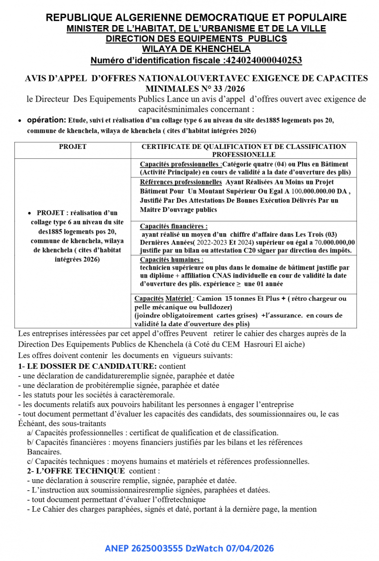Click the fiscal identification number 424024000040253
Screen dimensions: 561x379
point(263,61)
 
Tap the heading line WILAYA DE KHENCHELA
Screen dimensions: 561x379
point(196,49)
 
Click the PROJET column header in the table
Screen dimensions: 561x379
point(73,147)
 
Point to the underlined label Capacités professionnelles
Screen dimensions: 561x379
point(180,164)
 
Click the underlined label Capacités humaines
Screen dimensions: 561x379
point(171,260)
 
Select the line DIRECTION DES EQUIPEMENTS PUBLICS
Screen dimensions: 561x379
point(196,39)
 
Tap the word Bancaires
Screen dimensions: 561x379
point(44,452)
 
